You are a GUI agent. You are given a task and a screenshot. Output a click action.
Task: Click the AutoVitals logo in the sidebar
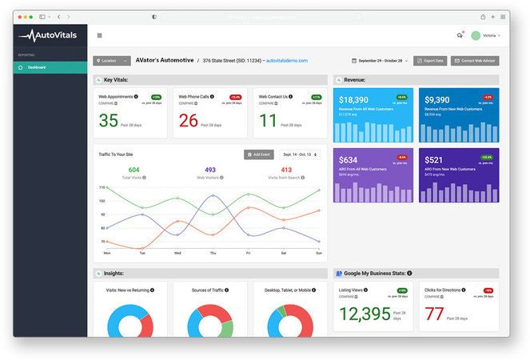(x=49, y=34)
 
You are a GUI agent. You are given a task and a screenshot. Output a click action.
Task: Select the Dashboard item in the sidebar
(x=37, y=67)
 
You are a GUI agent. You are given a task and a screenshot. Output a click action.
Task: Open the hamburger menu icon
(x=99, y=35)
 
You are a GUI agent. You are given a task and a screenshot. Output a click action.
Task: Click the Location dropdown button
(x=111, y=61)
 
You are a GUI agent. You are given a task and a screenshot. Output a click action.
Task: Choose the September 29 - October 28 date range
(x=381, y=61)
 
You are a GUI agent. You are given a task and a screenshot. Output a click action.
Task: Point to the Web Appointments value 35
(x=109, y=121)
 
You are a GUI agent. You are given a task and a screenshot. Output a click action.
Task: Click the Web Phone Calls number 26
(x=189, y=121)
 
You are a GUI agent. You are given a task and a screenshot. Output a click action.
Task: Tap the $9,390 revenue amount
(x=440, y=100)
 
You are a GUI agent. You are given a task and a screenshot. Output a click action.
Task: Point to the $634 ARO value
(x=349, y=160)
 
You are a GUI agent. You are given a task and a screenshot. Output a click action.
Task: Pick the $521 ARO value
(x=432, y=160)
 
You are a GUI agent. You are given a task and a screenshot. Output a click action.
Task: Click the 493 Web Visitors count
(x=211, y=170)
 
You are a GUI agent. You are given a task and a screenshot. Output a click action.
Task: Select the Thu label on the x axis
(x=213, y=253)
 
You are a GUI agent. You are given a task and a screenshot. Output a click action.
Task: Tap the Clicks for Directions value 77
(x=434, y=313)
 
